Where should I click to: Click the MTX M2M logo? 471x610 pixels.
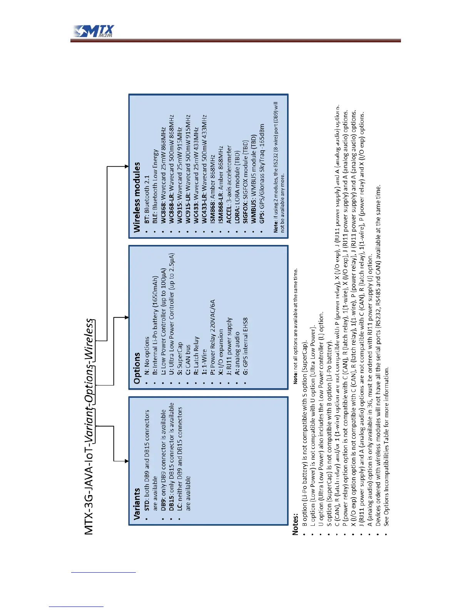[94, 31]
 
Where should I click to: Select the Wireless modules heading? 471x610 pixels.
[137, 197]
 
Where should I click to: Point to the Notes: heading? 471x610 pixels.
[295, 523]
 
